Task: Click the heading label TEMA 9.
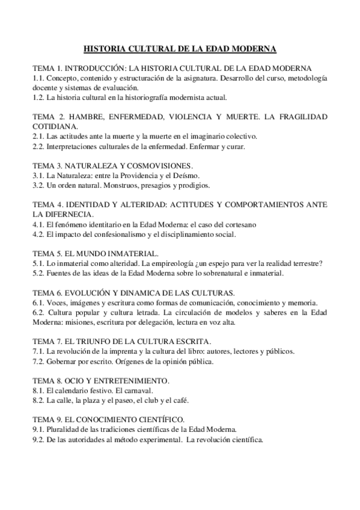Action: tap(46, 419)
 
